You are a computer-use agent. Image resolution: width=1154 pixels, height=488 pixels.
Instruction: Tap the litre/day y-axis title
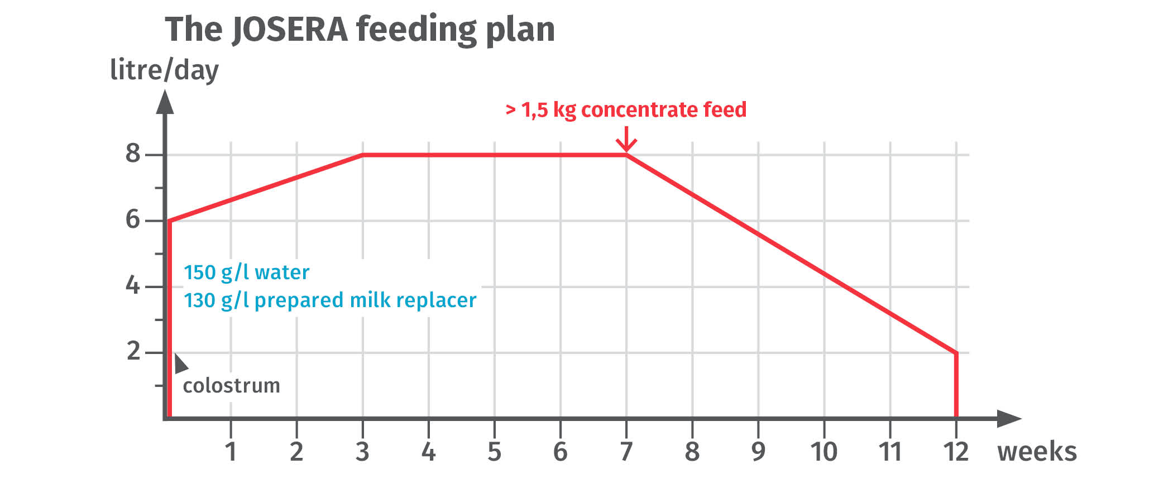(x=164, y=71)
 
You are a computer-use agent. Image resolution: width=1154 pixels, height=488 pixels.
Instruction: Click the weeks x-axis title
(x=1037, y=452)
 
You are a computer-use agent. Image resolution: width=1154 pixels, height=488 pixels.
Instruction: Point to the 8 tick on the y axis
(x=133, y=154)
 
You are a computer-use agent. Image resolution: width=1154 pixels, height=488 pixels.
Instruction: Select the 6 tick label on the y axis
(x=133, y=219)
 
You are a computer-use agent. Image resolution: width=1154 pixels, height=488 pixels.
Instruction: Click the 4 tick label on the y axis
(x=133, y=285)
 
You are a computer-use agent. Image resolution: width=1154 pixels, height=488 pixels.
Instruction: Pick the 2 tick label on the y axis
(x=133, y=351)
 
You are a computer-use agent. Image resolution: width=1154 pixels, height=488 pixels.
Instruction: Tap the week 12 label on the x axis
(x=956, y=452)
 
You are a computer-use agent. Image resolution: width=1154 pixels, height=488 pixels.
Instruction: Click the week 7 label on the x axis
(x=626, y=452)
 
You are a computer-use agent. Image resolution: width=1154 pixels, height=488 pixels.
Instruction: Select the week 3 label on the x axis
(x=362, y=452)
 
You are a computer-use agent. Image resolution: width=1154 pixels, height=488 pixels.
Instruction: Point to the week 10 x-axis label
(x=824, y=452)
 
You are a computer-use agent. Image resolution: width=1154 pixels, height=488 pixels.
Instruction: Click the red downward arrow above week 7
(x=626, y=140)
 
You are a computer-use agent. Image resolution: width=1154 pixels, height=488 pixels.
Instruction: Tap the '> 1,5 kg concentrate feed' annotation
(x=626, y=110)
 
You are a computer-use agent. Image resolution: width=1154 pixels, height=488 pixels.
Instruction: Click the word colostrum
(x=231, y=386)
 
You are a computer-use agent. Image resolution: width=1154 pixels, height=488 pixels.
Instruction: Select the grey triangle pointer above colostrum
(x=180, y=364)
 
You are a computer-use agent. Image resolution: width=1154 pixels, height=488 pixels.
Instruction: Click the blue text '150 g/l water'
(x=246, y=272)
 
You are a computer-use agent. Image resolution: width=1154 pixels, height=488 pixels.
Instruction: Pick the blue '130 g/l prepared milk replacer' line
(x=330, y=300)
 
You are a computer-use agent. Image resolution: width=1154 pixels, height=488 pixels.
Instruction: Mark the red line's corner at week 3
(x=363, y=155)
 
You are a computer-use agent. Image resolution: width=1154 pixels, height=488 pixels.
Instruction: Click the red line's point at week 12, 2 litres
(x=956, y=353)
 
